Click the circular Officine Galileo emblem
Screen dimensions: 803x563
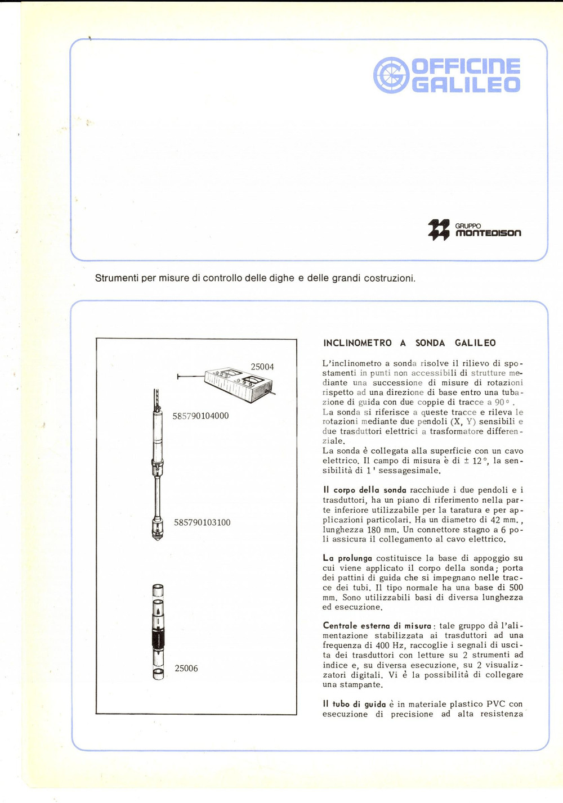point(391,75)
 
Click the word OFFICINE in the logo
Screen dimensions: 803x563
point(466,66)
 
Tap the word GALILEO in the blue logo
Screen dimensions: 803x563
point(466,85)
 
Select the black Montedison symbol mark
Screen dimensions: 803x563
point(439,229)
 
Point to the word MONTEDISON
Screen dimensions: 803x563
point(488,233)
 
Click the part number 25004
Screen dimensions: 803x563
point(262,367)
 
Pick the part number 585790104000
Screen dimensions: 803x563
point(200,416)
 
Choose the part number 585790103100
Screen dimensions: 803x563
point(202,522)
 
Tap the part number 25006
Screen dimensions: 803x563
point(186,669)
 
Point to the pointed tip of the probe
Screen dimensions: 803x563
point(157,538)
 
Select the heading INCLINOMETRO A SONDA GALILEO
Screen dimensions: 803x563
point(409,343)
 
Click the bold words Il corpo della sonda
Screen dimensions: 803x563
point(364,490)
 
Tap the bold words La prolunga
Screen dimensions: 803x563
point(347,558)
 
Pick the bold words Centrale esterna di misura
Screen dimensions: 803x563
point(377,625)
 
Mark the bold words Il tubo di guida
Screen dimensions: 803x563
point(354,704)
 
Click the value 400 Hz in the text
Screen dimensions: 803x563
point(390,646)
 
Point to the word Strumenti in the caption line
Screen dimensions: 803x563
point(117,278)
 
